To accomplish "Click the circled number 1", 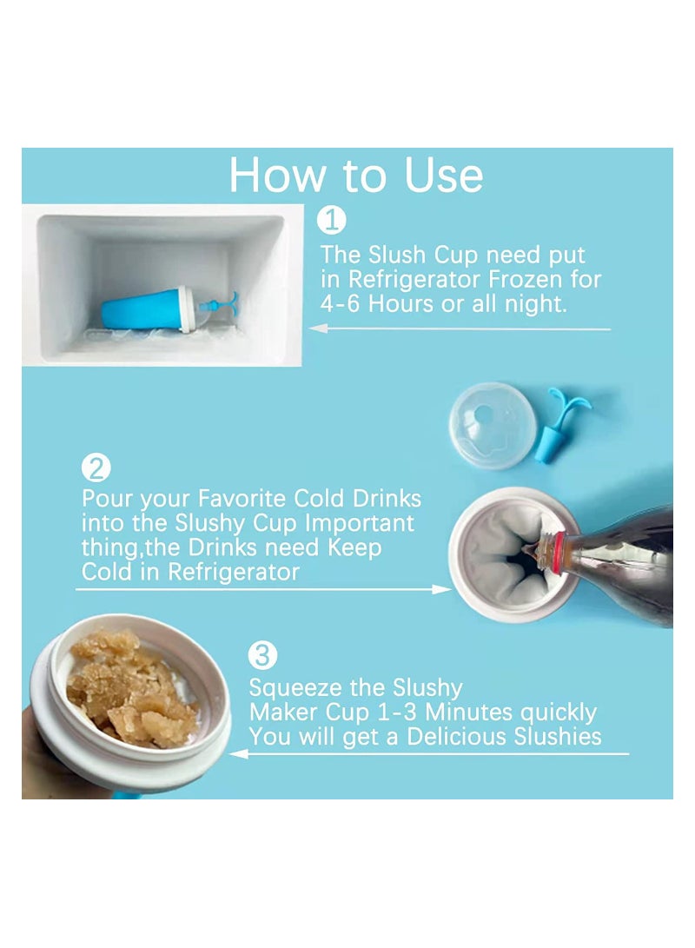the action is point(331,220).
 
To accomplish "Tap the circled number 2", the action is point(96,467).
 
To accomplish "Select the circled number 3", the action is point(263,655).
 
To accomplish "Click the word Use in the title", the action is point(444,176).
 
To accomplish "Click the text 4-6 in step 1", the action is point(341,303).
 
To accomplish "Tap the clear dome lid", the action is point(493,426).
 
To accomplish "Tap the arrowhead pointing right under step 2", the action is point(441,589).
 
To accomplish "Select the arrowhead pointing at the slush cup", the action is point(239,754).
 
